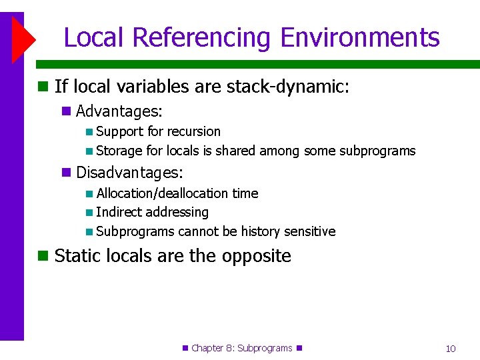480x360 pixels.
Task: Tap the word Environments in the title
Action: pyautogui.click(x=360, y=37)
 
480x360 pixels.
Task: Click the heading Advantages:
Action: pyautogui.click(x=119, y=111)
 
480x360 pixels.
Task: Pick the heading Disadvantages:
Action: pyautogui.click(x=129, y=173)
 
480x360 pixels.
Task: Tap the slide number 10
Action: pyautogui.click(x=451, y=349)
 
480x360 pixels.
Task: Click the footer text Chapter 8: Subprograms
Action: pyautogui.click(x=241, y=348)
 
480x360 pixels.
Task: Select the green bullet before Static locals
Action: pyautogui.click(x=43, y=256)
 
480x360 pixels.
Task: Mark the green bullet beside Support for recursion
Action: pyautogui.click(x=89, y=132)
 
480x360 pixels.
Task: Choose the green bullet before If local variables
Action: pyautogui.click(x=43, y=87)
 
